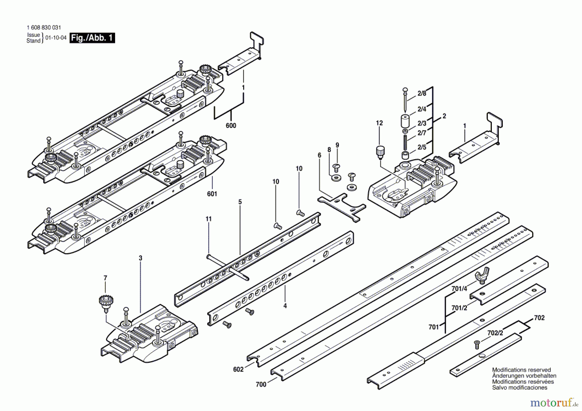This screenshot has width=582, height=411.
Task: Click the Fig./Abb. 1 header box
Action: pos(92,38)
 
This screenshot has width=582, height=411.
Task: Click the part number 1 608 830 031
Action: pos(44,28)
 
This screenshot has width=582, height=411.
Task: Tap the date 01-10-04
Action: pos(56,38)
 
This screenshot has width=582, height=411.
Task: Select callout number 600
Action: pos(231,125)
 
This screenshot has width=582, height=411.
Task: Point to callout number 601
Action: pos(212,194)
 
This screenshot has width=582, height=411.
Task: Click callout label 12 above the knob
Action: pos(379,123)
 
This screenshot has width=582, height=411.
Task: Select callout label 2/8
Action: pos(422,93)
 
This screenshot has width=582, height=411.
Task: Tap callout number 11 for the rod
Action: pos(209,219)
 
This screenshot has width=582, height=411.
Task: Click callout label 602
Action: pos(238,369)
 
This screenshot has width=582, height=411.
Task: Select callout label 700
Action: pos(261,384)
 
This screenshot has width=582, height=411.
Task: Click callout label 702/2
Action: pos(495,333)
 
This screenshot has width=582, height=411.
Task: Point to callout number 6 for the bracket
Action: pos(319,155)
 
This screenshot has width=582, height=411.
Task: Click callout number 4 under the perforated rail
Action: pos(285,306)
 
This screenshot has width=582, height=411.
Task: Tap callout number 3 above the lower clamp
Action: pos(140,258)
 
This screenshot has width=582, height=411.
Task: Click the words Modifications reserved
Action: pos(521,370)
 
